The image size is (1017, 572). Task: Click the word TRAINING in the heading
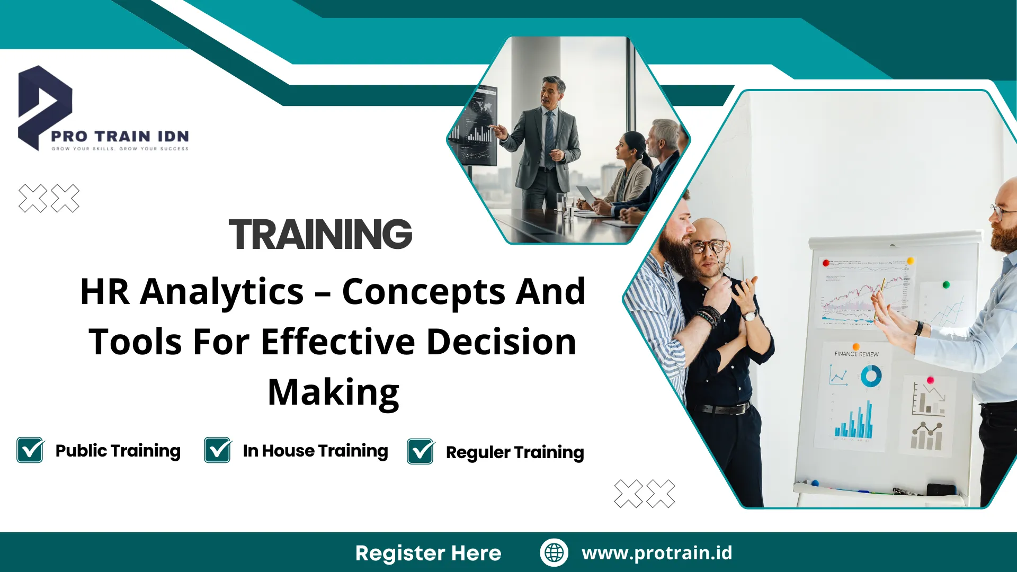click(320, 235)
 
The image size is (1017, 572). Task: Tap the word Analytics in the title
click(222, 292)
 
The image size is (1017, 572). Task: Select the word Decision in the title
click(501, 342)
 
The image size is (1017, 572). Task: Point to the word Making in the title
click(333, 392)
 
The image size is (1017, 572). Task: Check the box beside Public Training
click(30, 450)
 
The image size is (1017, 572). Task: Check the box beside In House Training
click(218, 450)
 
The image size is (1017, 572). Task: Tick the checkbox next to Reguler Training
click(421, 452)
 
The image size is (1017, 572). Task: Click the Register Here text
click(428, 553)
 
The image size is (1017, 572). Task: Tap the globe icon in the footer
click(554, 552)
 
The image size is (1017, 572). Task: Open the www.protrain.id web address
click(657, 553)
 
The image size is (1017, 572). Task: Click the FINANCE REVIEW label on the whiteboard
click(857, 354)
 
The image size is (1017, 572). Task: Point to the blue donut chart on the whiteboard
click(871, 377)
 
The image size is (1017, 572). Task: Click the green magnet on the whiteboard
click(946, 285)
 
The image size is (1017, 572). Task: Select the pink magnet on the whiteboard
click(930, 380)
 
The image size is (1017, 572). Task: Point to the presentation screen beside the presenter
click(475, 130)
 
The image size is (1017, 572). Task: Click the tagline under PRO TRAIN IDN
click(120, 149)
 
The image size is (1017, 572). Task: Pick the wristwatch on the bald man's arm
click(750, 316)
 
